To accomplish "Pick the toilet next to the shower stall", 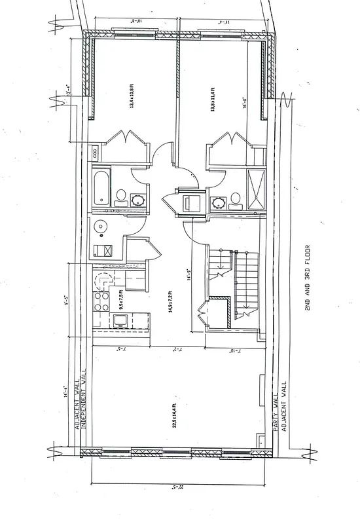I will tap(235, 199).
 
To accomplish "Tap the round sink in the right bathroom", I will tap(217, 202).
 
